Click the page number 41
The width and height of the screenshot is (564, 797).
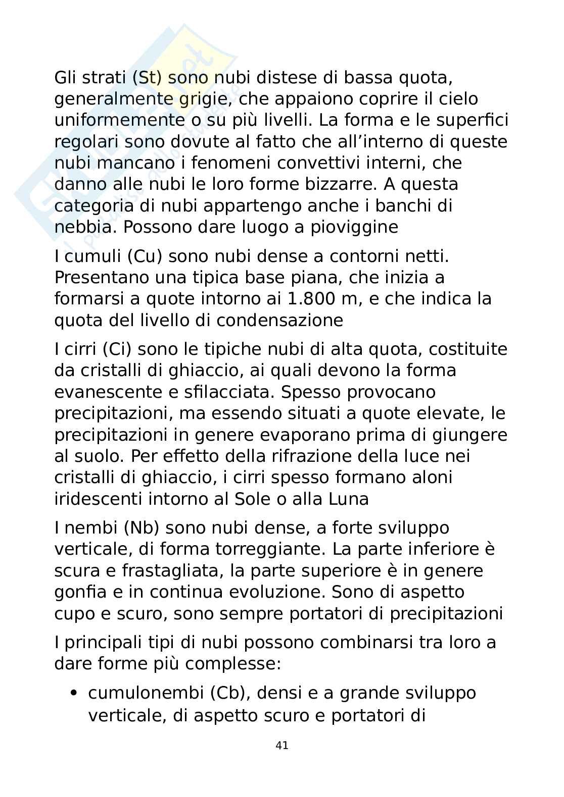pyautogui.click(x=282, y=745)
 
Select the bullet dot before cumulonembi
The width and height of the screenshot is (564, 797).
pyautogui.click(x=74, y=694)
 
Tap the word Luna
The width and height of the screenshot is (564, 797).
pyautogui.click(x=348, y=499)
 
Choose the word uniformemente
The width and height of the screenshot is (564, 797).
pyautogui.click(x=118, y=121)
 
